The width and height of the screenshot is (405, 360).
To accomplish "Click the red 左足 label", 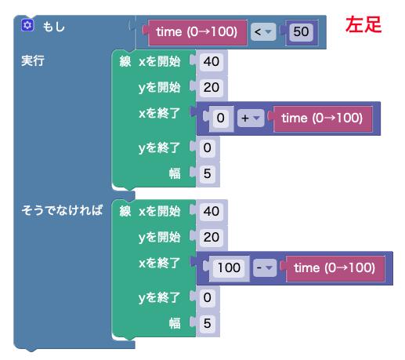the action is pyautogui.click(x=363, y=24).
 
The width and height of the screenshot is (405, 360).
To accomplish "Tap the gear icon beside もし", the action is pyautogui.click(x=27, y=25).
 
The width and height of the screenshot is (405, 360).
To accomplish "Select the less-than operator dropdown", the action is pyautogui.click(x=263, y=32).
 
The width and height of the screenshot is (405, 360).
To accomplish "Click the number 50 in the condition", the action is pyautogui.click(x=301, y=32).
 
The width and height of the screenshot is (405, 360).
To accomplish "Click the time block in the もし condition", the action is pyautogui.click(x=197, y=32).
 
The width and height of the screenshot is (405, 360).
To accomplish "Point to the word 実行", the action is pyautogui.click(x=33, y=60).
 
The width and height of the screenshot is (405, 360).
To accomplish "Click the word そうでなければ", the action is pyautogui.click(x=62, y=210).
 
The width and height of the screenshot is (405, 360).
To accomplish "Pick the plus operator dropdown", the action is pyautogui.click(x=251, y=118).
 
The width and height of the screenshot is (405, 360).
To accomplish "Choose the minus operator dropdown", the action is pyautogui.click(x=265, y=267).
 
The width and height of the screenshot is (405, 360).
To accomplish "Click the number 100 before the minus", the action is pyautogui.click(x=229, y=267).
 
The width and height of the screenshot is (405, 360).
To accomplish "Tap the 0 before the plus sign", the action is pyautogui.click(x=221, y=118).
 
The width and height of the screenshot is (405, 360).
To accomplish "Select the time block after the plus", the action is pyautogui.click(x=323, y=118).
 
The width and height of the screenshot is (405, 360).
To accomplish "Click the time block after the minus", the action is pyautogui.click(x=335, y=268).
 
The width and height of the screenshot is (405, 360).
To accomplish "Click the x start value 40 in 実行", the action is pyautogui.click(x=212, y=62).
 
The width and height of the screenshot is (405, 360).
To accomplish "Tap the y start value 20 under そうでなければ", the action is pyautogui.click(x=212, y=238).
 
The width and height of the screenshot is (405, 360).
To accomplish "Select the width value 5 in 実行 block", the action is pyautogui.click(x=208, y=173).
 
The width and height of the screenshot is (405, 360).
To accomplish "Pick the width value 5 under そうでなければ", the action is pyautogui.click(x=208, y=323).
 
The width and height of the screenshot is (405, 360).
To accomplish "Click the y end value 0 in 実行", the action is pyautogui.click(x=208, y=148).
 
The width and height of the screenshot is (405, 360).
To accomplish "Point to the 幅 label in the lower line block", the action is pyautogui.click(x=175, y=323).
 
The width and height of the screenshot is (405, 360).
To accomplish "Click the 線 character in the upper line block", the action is pyautogui.click(x=125, y=62).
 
